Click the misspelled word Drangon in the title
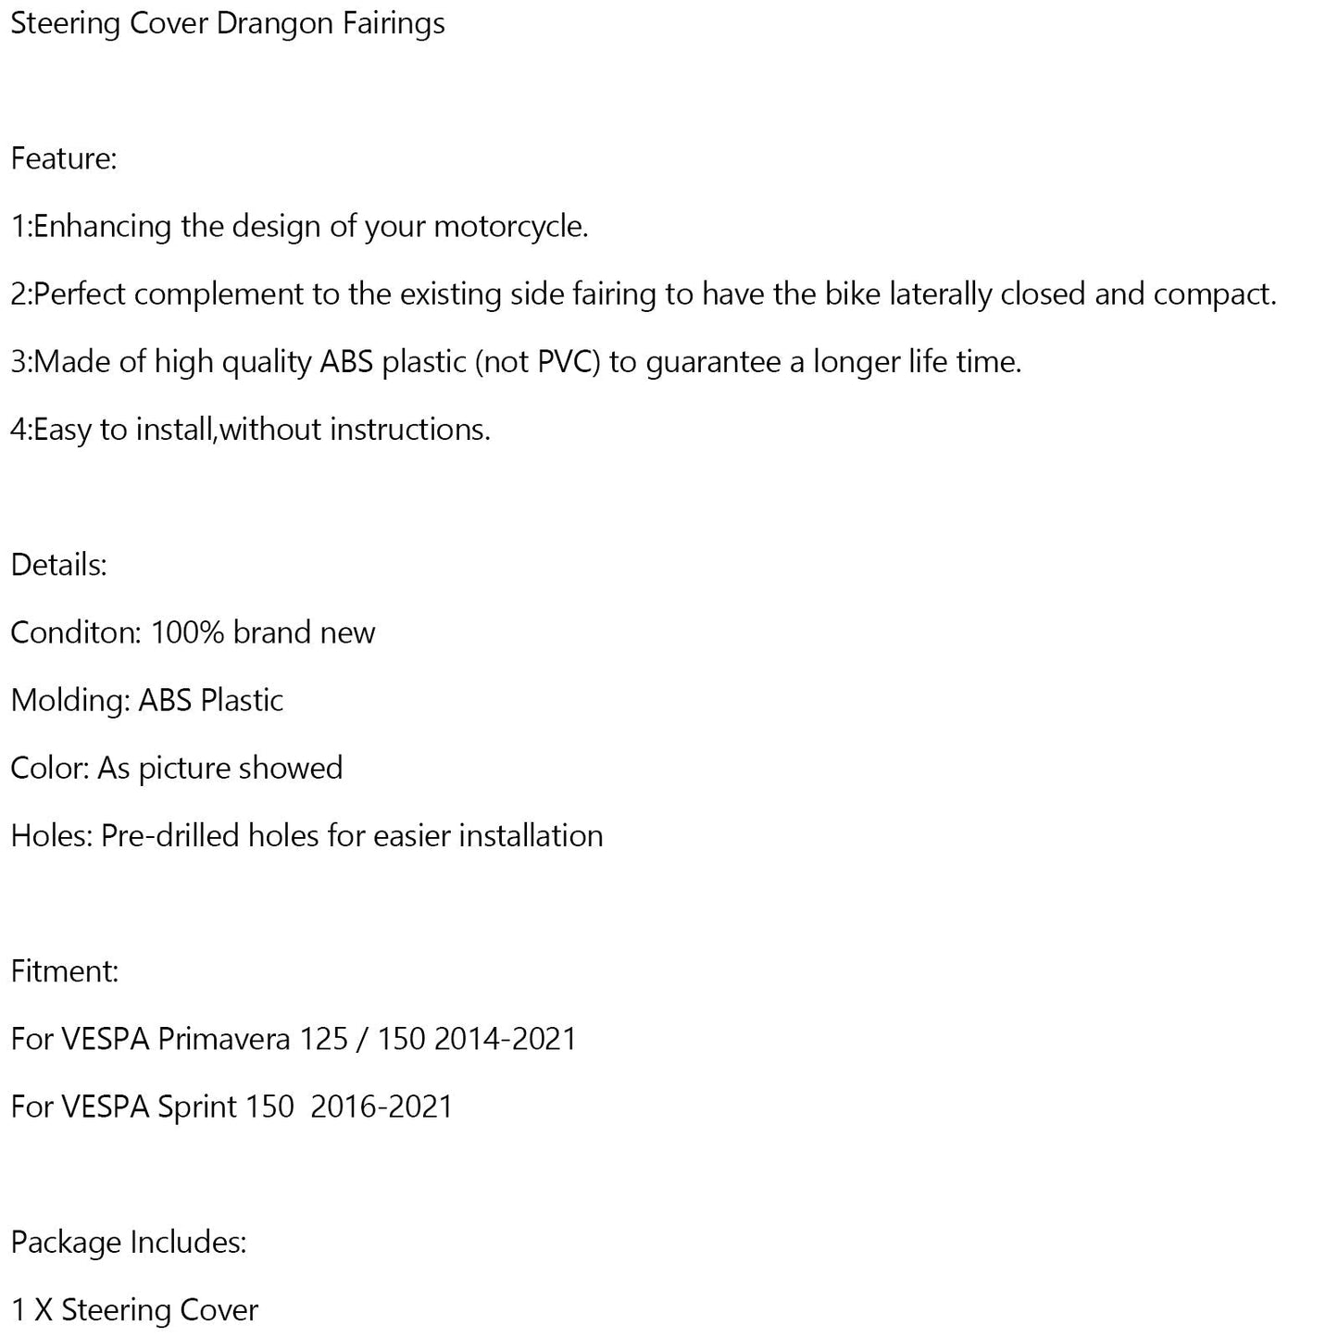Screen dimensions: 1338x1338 [274, 24]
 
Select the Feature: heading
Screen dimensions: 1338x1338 [64, 159]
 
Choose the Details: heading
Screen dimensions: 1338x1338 [59, 565]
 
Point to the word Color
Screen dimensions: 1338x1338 [49, 768]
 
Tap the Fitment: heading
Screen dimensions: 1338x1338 [65, 971]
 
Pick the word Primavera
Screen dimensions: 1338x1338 [225, 1039]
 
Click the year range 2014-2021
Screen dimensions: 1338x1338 [505, 1039]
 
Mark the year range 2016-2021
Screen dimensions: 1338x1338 [381, 1107]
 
